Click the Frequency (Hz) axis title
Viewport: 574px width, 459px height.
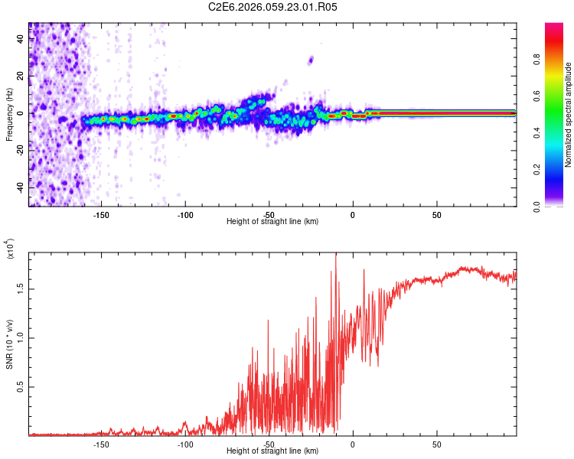tap(9, 115)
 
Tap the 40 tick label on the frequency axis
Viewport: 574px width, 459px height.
tap(20, 38)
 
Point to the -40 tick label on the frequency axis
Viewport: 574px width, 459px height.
tap(18, 187)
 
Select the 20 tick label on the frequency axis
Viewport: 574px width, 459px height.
tap(20, 76)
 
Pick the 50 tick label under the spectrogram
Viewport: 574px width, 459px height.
tap(436, 214)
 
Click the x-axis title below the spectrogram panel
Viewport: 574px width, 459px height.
tap(272, 222)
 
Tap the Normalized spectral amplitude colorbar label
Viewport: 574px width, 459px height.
tap(569, 115)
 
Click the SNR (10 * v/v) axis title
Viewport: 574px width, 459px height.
tap(9, 344)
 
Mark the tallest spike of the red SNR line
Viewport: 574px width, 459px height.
tap(336, 256)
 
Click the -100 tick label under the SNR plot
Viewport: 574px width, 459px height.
tap(184, 444)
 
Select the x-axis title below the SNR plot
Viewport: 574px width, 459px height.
tap(272, 451)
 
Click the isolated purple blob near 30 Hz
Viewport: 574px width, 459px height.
tap(311, 60)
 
